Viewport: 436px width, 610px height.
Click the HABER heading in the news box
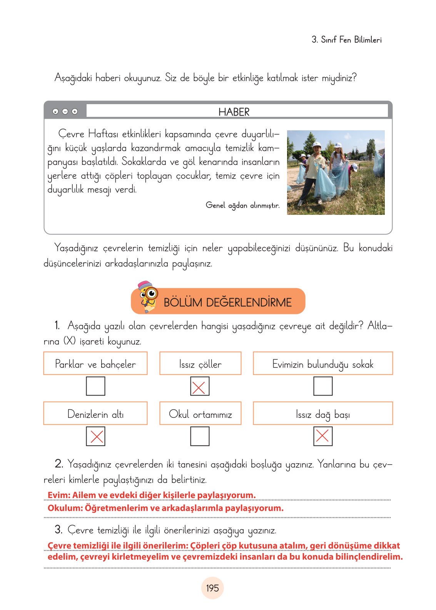(x=234, y=112)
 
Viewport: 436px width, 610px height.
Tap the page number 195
(x=212, y=588)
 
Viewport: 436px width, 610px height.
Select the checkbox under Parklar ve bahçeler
(x=95, y=386)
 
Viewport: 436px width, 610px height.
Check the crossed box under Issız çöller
(x=200, y=386)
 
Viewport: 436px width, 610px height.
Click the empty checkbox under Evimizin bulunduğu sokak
(x=322, y=386)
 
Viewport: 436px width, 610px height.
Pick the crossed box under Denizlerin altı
(x=95, y=436)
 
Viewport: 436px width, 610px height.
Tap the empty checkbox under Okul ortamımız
(x=200, y=436)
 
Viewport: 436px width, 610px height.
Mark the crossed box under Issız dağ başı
(x=322, y=436)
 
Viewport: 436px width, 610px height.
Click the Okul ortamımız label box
(x=200, y=414)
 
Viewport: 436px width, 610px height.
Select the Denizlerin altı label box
(x=95, y=414)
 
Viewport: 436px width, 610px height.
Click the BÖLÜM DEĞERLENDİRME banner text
(x=227, y=302)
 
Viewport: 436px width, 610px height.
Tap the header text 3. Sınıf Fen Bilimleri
(x=346, y=40)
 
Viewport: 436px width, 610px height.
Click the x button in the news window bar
(x=55, y=111)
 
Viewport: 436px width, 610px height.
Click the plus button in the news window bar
(x=75, y=111)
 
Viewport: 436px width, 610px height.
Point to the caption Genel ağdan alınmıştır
(x=242, y=205)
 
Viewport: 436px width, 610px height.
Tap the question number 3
(x=58, y=530)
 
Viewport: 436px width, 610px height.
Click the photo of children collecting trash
(x=336, y=172)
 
